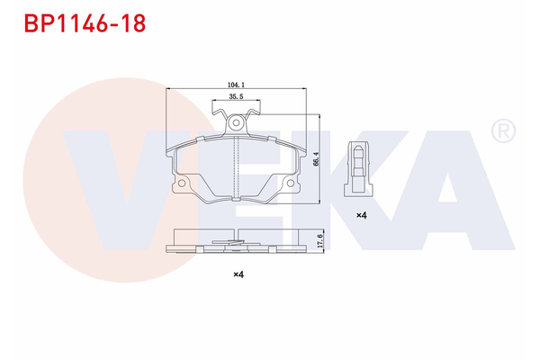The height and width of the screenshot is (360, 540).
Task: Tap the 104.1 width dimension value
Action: point(238,85)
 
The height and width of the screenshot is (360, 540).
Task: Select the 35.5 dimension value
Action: point(237,96)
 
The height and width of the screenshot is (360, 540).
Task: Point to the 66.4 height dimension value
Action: point(316,158)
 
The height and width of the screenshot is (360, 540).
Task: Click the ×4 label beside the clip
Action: point(361,215)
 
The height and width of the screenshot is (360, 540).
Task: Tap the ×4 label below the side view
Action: point(238,274)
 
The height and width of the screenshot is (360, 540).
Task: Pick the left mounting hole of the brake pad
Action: point(181,185)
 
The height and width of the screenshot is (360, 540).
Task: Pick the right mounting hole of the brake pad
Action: point(292,185)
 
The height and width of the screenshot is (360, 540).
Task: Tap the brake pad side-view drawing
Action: point(236,240)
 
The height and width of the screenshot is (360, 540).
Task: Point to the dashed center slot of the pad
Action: point(236,166)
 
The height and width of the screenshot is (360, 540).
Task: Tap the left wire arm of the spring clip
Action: point(219,112)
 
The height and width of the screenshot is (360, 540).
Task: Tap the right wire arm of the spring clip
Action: point(254,112)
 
